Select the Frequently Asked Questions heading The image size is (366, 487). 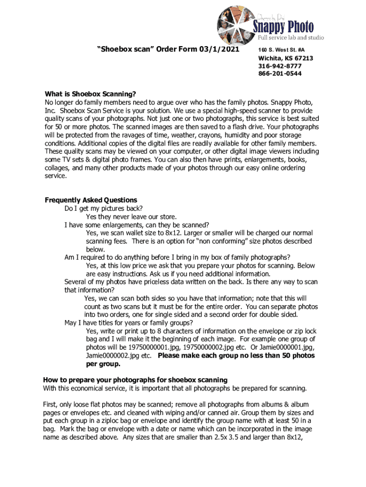[91, 200]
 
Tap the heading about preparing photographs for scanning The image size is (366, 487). [135, 380]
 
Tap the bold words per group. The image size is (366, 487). [103, 364]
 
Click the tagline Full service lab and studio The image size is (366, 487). [291, 37]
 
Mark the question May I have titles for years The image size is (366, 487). [115, 323]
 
